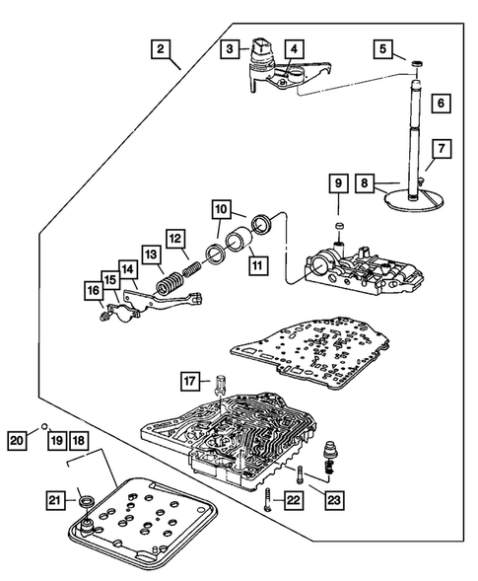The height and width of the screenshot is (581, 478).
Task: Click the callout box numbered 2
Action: (x=161, y=49)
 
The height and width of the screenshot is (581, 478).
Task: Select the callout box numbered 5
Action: (x=382, y=48)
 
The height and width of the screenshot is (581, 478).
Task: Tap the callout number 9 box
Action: (x=338, y=183)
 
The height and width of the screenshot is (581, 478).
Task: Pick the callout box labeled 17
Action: (x=190, y=381)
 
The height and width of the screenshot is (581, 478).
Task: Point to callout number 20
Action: (x=17, y=441)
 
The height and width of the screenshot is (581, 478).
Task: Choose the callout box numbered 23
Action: (x=334, y=500)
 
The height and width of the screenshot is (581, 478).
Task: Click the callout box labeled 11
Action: (x=257, y=265)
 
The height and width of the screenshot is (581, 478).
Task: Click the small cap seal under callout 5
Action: (x=417, y=64)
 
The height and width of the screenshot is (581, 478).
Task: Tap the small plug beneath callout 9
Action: (x=338, y=225)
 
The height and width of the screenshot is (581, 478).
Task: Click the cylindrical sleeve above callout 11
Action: (x=239, y=243)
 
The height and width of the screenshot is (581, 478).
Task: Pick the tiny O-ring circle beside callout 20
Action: (x=44, y=425)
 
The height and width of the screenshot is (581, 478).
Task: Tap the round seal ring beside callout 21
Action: (x=87, y=501)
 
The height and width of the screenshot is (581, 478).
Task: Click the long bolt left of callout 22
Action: (x=268, y=499)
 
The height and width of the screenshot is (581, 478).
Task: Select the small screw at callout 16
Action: (x=104, y=316)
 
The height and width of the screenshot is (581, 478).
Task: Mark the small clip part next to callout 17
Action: (x=219, y=388)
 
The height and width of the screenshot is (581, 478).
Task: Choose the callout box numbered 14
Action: (x=128, y=269)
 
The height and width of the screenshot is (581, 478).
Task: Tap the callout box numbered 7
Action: (x=442, y=149)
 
